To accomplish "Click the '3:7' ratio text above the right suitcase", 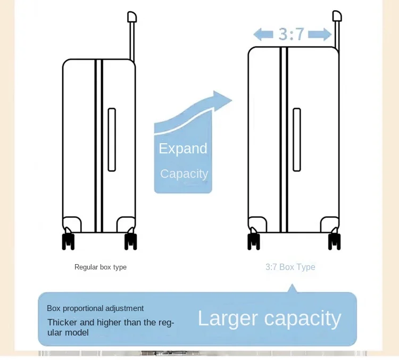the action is [x=292, y=34].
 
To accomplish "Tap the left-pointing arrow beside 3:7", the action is [x=263, y=35].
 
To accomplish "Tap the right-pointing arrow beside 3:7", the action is [x=320, y=35].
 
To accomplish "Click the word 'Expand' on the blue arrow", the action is [x=183, y=149].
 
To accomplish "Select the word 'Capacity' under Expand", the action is [x=184, y=174].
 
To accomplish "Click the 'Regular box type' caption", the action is [x=101, y=267].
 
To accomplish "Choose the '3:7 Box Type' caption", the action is [x=290, y=267].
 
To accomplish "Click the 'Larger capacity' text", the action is [x=269, y=318].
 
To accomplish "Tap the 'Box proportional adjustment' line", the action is [x=95, y=308].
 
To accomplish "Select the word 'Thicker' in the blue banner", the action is [x=62, y=322].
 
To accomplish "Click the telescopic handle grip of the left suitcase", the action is [x=132, y=17].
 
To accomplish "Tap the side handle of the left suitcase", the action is [x=112, y=140].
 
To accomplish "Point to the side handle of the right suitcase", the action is [x=297, y=140].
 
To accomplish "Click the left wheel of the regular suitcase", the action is [x=68, y=241].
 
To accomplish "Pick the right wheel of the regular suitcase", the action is [x=130, y=241].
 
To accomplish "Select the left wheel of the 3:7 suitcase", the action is [x=254, y=241].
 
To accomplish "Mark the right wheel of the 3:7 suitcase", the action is [x=334, y=241].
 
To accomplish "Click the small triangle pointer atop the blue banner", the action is [x=292, y=289].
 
